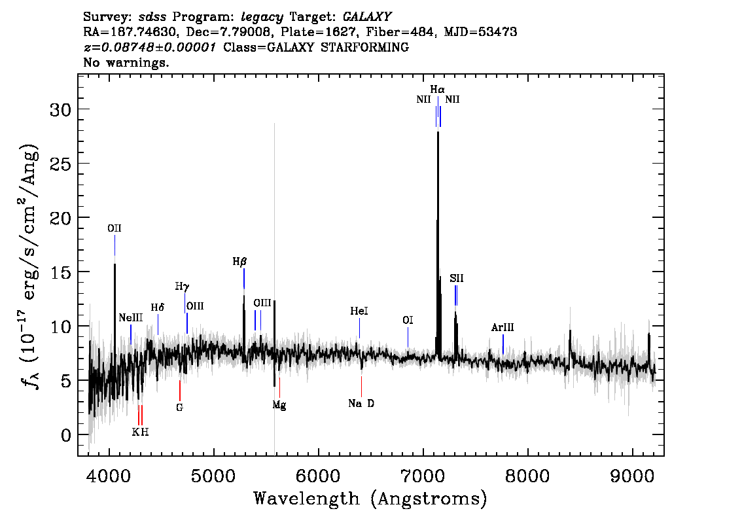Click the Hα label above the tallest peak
(437, 90)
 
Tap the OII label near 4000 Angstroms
(115, 228)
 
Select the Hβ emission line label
(239, 262)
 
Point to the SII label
(457, 278)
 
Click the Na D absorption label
(361, 404)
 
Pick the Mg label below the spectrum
(279, 405)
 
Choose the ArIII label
(503, 327)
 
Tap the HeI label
(359, 311)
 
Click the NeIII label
(131, 317)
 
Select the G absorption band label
(180, 408)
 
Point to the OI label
(408, 321)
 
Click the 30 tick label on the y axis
(61, 110)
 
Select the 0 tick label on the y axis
(66, 435)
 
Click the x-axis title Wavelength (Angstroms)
(370, 499)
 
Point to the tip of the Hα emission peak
(438, 132)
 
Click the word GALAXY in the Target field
(367, 17)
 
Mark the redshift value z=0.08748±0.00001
(150, 47)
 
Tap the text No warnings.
(126, 62)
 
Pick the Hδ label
(158, 308)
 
